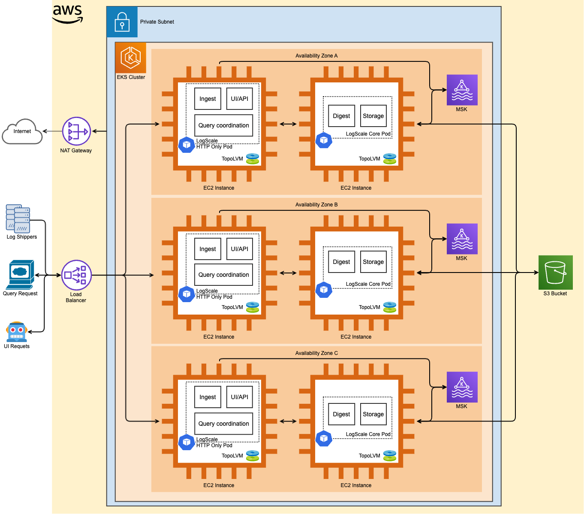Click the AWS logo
(x=67, y=14)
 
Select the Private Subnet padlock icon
(x=122, y=22)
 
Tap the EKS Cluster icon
(x=131, y=58)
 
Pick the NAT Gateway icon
(x=76, y=131)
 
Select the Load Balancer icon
(x=76, y=275)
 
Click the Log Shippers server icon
(x=18, y=218)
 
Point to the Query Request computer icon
(x=20, y=275)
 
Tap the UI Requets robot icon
(x=17, y=332)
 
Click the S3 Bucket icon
(x=555, y=273)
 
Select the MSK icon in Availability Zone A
(x=462, y=90)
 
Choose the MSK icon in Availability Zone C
(x=462, y=387)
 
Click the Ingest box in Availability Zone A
(x=208, y=99)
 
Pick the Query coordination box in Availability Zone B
(x=223, y=275)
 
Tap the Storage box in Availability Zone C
(x=373, y=414)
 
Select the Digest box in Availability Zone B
(x=341, y=262)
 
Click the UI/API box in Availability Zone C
(x=239, y=397)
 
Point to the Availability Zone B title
(x=316, y=205)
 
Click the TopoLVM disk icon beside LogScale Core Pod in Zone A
(x=389, y=159)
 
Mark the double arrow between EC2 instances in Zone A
(x=288, y=124)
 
